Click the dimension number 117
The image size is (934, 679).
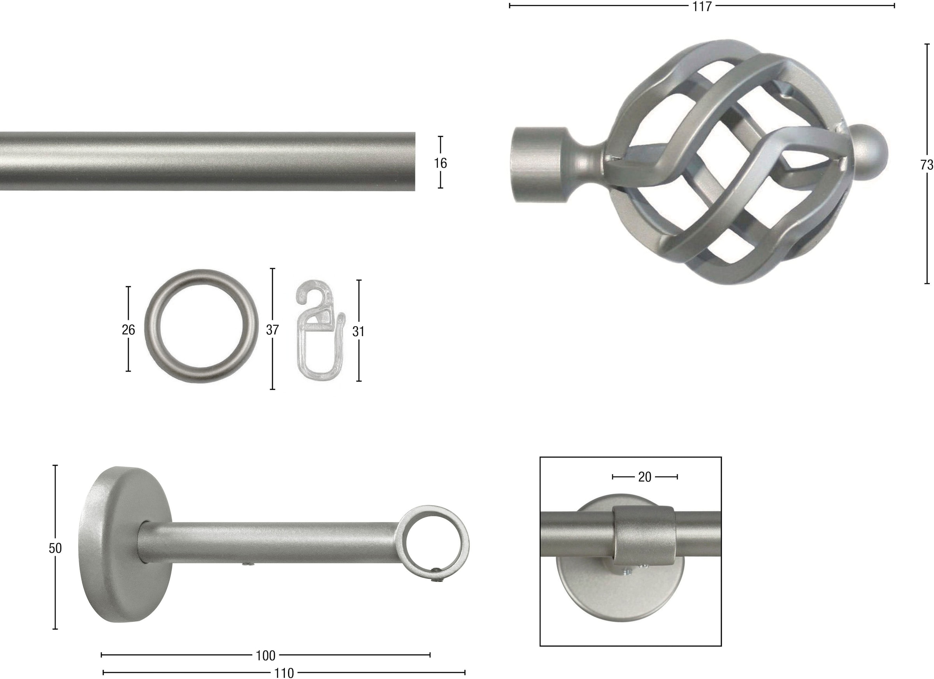(702, 7)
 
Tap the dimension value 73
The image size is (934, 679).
(927, 165)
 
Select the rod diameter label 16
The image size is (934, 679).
(440, 163)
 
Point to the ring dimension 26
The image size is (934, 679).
(128, 330)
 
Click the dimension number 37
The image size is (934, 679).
(272, 330)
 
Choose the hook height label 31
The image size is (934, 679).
(358, 332)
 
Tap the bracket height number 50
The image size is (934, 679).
(55, 549)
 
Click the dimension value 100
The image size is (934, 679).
(266, 656)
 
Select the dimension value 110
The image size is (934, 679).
(284, 673)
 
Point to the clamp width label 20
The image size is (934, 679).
(645, 477)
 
